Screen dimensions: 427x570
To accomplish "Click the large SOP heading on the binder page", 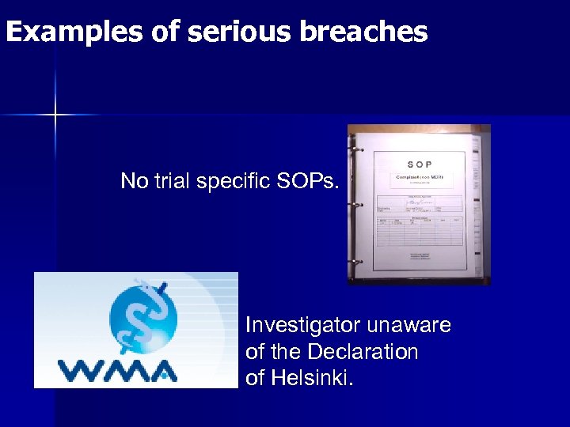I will (x=420, y=164).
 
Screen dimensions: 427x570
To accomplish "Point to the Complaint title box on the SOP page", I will (x=424, y=179).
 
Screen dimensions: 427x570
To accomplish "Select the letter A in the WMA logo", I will (x=163, y=370).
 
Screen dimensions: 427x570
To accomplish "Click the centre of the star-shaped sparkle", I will (x=55, y=115).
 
